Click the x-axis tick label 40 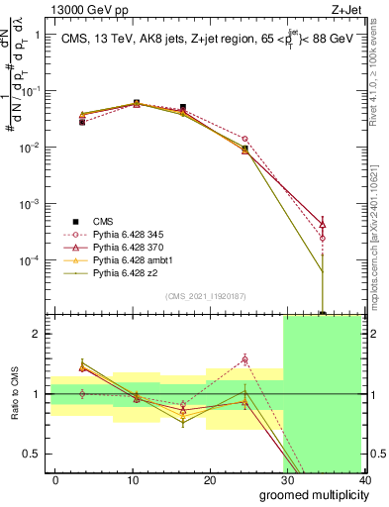(365, 479)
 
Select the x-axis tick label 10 (133, 479)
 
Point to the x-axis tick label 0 (55, 479)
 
